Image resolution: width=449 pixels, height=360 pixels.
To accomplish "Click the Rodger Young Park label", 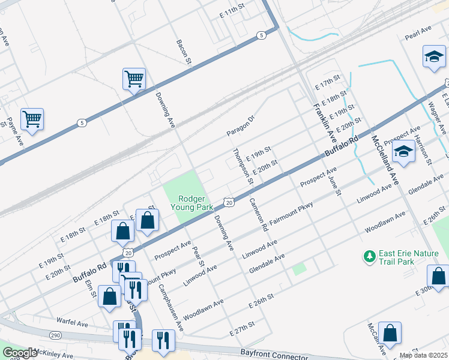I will pyautogui.click(x=192, y=202).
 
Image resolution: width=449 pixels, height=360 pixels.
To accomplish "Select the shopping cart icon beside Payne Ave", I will pyautogui.click(x=32, y=118).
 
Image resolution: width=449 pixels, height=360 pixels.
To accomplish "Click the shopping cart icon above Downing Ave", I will pyautogui.click(x=134, y=79).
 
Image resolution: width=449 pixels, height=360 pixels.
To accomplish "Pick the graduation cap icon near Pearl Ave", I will pyautogui.click(x=433, y=57).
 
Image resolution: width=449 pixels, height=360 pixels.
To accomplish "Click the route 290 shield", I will pyautogui.click(x=55, y=334).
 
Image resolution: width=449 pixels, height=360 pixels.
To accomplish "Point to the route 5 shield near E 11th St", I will pyautogui.click(x=261, y=36).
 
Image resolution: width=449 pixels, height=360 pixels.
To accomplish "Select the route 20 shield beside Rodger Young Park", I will pyautogui.click(x=229, y=203).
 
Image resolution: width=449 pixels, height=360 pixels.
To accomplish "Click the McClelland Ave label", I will pyautogui.click(x=385, y=158).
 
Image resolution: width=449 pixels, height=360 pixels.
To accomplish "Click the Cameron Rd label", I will pyautogui.click(x=258, y=215).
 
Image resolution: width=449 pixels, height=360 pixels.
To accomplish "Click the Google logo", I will pyautogui.click(x=20, y=353).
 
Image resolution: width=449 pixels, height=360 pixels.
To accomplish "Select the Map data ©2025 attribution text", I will pyautogui.click(x=423, y=355).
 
